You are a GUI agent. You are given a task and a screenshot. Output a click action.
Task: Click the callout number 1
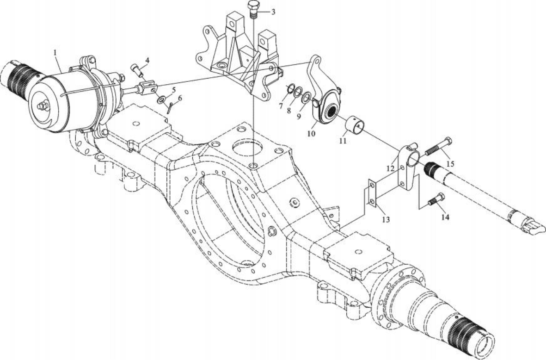coord(55,52)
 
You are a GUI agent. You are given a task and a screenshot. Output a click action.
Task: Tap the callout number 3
coord(273,12)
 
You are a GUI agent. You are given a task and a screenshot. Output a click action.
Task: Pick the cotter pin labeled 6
coord(170,108)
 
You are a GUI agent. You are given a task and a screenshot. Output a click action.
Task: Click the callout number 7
coord(281,106)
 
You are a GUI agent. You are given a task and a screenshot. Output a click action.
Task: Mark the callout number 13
coord(386,220)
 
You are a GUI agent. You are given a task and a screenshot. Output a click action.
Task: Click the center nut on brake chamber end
coord(43,105)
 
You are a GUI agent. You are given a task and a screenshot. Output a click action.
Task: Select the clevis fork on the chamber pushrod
coord(147,87)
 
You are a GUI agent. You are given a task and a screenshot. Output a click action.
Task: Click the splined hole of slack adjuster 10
coord(331,112)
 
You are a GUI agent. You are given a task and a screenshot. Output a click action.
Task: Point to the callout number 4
coord(147,60)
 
